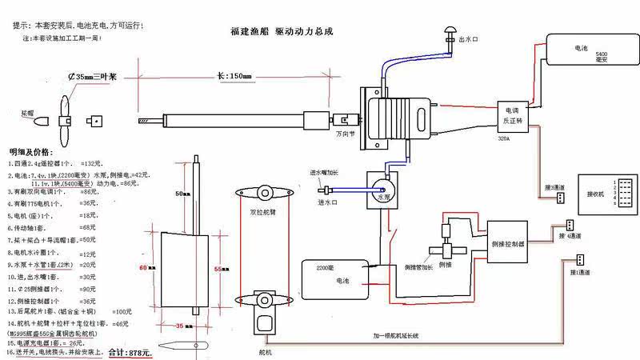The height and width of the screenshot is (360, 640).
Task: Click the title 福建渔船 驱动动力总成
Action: point(281,32)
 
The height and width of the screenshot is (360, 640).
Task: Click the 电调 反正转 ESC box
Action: point(512,116)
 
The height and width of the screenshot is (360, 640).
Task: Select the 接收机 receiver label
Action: point(598,194)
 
